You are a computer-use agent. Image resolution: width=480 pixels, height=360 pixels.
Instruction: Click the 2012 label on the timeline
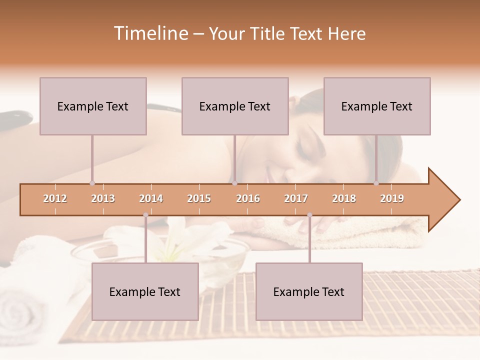(55, 198)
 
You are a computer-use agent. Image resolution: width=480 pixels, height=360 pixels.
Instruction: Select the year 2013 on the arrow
(103, 198)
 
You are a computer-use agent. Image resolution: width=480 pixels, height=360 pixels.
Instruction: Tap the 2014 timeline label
(151, 198)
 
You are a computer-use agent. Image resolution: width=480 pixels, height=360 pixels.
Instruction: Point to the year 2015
(199, 198)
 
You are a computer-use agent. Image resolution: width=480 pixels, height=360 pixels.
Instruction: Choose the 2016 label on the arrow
(248, 198)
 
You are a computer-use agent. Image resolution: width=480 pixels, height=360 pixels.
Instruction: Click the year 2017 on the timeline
(296, 198)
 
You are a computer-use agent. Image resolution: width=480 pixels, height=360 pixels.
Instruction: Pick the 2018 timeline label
(344, 198)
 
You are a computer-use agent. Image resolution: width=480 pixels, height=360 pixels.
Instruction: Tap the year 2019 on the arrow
(392, 198)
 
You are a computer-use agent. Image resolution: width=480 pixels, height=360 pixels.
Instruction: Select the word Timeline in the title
(150, 33)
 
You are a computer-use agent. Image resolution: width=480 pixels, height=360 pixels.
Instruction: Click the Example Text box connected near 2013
(93, 106)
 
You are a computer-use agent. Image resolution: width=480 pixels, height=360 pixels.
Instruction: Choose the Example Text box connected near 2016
(235, 106)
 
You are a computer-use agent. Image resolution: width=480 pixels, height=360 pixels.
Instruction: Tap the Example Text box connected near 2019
(377, 106)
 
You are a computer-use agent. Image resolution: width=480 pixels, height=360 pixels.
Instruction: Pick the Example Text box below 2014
(145, 291)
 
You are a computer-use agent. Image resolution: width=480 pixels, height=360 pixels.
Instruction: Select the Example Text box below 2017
(309, 291)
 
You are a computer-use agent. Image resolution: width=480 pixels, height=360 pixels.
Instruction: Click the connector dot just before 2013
(92, 183)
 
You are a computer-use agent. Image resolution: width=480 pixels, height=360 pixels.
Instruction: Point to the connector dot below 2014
(145, 215)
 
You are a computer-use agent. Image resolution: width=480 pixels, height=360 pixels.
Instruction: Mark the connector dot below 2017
(309, 215)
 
